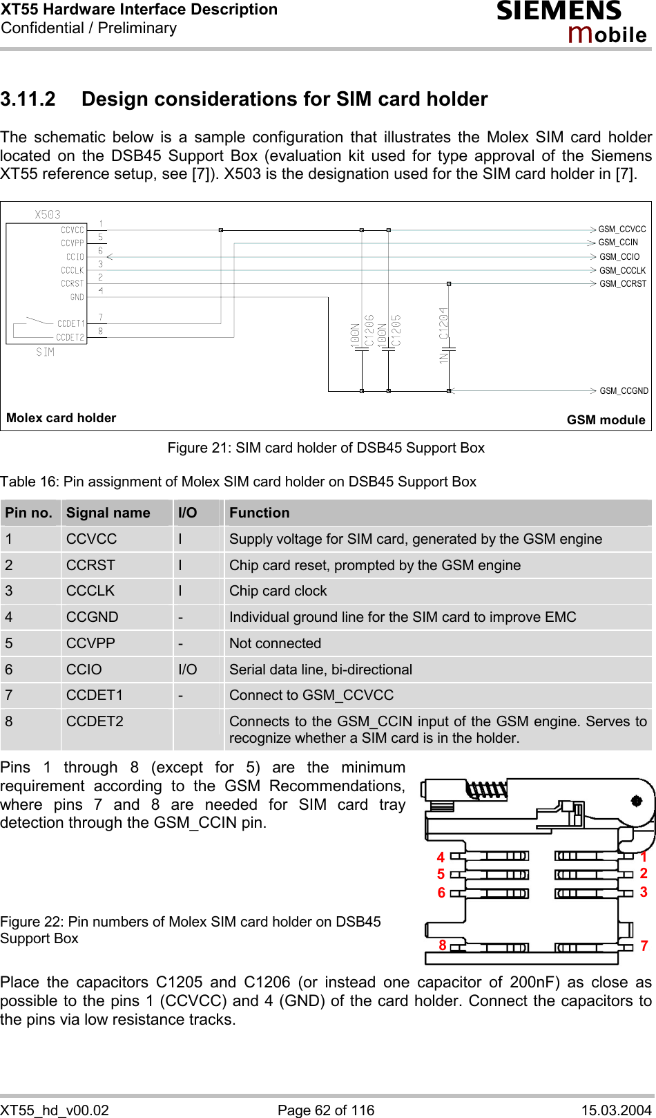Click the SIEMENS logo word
coord(559,11)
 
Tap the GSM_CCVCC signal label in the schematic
coord(621,229)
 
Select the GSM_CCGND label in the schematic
coord(624,391)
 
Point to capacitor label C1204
coord(443,323)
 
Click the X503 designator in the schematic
coord(48,215)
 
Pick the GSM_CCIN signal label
coord(618,243)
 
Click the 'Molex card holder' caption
coord(61,418)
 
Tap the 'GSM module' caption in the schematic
coord(606,420)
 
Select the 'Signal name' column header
coord(108,513)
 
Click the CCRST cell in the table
coord(90,565)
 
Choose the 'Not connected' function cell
coord(275,643)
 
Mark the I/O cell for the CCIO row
coord(187,670)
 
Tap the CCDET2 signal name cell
coord(95,721)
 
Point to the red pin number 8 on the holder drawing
coord(443,945)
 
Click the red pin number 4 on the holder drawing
coord(441,858)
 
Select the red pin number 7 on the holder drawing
coord(644,945)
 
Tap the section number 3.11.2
coord(28,100)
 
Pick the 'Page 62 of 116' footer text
coord(326,1110)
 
